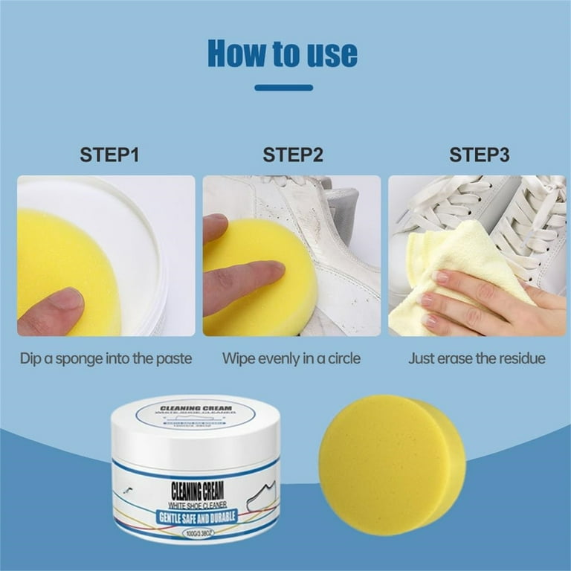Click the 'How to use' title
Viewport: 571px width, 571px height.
pos(283,53)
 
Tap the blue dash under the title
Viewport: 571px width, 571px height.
pos(283,88)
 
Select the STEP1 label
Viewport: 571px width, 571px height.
pos(109,155)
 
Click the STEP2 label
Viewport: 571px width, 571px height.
pos(293,155)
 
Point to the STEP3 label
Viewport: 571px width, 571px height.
pos(479,155)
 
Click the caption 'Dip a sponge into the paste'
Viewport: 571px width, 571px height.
pos(106,358)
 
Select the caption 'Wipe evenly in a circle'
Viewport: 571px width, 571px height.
pos(291,358)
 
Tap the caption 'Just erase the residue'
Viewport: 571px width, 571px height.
pos(477,358)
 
